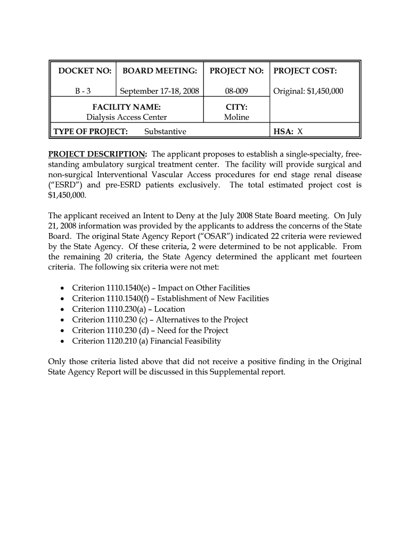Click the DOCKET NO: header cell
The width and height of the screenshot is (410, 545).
[85, 71]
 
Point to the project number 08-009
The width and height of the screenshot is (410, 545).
[236, 91]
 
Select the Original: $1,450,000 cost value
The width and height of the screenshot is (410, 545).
[308, 91]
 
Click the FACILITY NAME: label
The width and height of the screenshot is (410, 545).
[127, 107]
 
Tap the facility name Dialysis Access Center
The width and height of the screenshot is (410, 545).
[127, 117]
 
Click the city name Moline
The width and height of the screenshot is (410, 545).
[236, 117]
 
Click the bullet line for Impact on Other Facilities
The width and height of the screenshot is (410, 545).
[161, 288]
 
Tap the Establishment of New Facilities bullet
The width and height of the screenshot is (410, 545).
[170, 299]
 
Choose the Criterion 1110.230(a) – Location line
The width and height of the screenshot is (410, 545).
[128, 309]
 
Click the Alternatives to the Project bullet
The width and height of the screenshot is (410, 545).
[160, 320]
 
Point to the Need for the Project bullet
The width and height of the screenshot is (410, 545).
[150, 331]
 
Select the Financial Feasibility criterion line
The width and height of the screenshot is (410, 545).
[146, 341]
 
